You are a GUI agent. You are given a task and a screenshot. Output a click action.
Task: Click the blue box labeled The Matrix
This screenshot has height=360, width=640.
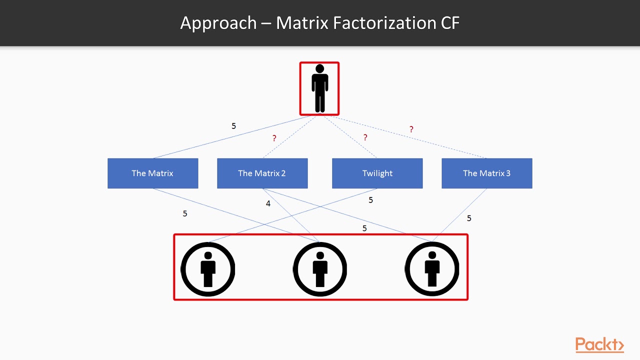[x=152, y=173]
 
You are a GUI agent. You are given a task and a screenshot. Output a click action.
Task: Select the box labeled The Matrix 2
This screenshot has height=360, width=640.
[x=262, y=173]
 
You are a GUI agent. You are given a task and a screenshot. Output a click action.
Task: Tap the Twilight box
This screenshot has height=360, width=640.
[x=377, y=173]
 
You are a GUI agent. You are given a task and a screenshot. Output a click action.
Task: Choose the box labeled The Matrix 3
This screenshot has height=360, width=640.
[x=486, y=173]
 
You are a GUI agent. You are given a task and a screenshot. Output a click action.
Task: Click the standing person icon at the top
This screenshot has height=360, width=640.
[x=319, y=88]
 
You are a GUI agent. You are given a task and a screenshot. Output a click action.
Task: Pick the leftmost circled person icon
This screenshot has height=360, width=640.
[x=207, y=269]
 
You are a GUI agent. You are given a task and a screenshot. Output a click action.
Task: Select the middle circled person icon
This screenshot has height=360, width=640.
[x=320, y=269]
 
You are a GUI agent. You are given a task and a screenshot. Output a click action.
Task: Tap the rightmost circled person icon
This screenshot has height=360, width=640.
[x=432, y=269]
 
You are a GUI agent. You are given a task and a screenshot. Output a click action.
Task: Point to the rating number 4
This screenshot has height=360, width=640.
[x=268, y=204]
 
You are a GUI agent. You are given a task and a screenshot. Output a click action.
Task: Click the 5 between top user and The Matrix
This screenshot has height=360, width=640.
[x=233, y=126]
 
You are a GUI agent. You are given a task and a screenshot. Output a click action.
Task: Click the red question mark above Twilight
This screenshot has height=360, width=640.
[x=365, y=137]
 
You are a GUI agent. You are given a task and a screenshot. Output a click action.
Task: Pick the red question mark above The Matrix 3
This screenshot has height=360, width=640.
[x=411, y=129]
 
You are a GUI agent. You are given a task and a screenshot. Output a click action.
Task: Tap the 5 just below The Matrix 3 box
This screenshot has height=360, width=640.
[x=469, y=218]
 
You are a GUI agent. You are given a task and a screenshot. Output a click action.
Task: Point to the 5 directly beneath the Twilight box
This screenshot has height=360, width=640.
[x=370, y=200]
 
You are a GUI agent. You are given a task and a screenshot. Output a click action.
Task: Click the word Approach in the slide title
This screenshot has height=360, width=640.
[x=218, y=23]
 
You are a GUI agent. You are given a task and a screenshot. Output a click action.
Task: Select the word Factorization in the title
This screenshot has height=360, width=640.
[x=391, y=23]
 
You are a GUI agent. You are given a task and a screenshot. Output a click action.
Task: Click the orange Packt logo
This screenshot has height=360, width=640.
[x=599, y=345]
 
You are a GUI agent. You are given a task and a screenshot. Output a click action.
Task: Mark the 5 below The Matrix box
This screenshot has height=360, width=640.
[x=185, y=213]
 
